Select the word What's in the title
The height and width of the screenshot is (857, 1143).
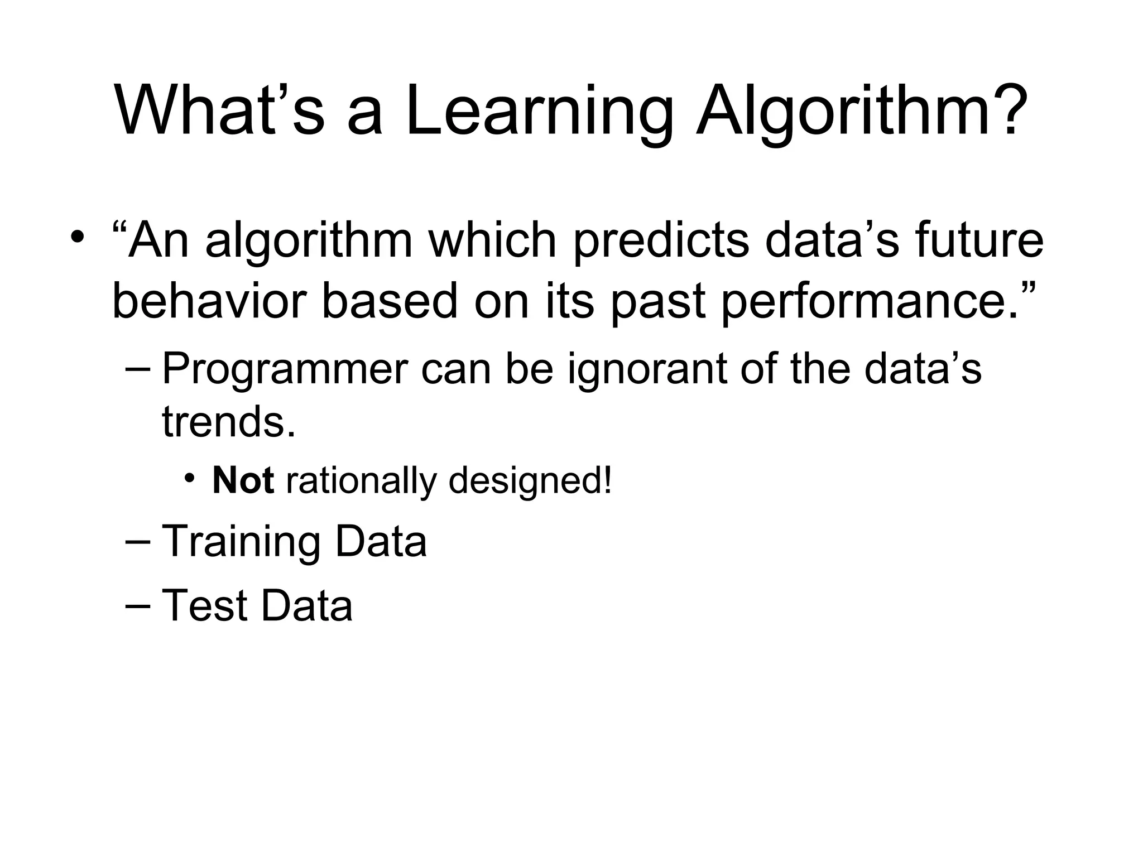[219, 110]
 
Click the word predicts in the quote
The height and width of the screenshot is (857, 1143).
[661, 241]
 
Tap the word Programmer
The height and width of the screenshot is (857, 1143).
[285, 369]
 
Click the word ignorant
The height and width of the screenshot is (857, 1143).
[647, 369]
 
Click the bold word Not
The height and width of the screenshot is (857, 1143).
[243, 480]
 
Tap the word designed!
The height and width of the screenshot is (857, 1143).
[530, 480]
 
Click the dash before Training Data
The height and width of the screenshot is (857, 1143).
[138, 541]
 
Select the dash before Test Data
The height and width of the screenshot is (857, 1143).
[138, 605]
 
